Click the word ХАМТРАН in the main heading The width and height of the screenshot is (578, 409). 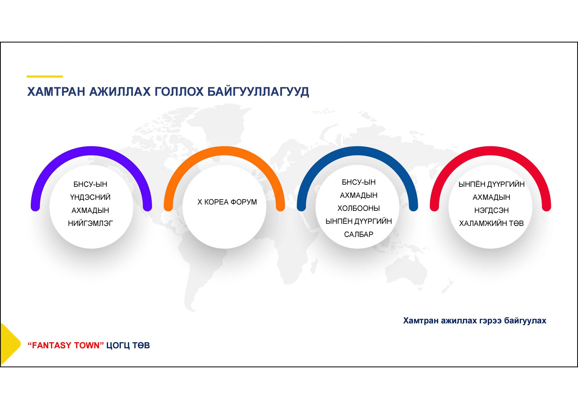pyautogui.click(x=56, y=92)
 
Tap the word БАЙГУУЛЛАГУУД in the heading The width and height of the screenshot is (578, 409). pyautogui.click(x=258, y=92)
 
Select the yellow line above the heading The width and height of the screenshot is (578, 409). pyautogui.click(x=45, y=77)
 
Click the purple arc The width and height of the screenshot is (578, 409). pyautogui.click(x=91, y=150)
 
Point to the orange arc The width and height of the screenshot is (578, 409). pyautogui.click(x=224, y=150)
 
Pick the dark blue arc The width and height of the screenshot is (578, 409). pyautogui.click(x=357, y=150)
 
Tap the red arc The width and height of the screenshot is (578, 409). pyautogui.click(x=490, y=150)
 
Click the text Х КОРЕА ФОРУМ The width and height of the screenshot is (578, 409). pyautogui.click(x=227, y=202)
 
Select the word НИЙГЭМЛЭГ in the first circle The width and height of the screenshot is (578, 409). pyautogui.click(x=90, y=223)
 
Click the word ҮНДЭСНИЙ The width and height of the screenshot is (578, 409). pyautogui.click(x=90, y=197)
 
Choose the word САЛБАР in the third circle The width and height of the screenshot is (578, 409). pyautogui.click(x=359, y=234)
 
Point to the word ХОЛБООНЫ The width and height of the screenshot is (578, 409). pyautogui.click(x=359, y=208)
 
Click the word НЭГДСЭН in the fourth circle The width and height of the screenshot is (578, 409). pyautogui.click(x=492, y=210)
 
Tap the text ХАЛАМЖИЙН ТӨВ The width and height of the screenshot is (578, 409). pyautogui.click(x=492, y=223)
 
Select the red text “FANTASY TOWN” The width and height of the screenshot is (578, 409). pyautogui.click(x=66, y=345)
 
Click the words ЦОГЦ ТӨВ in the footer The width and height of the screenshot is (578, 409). pyautogui.click(x=128, y=345)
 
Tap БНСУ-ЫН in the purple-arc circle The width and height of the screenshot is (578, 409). pyautogui.click(x=90, y=184)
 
